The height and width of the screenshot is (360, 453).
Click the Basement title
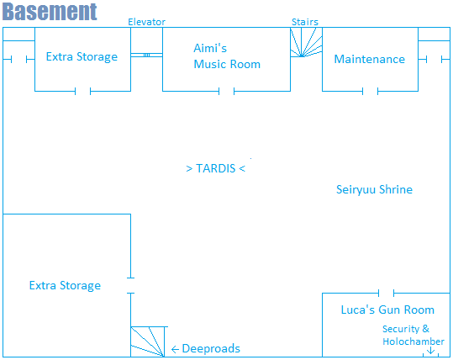click(x=50, y=12)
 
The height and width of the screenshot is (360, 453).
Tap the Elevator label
click(x=146, y=22)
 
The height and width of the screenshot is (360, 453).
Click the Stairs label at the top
click(x=305, y=22)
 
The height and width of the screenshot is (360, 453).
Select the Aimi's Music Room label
click(x=227, y=56)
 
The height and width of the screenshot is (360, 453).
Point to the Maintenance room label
click(x=370, y=59)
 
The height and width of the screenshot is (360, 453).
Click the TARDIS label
click(x=216, y=168)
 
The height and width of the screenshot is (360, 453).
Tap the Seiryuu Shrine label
click(x=374, y=190)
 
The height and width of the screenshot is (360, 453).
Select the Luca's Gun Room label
click(x=387, y=310)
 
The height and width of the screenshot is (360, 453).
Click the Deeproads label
click(x=211, y=349)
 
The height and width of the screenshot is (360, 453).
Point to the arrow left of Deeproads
click(x=175, y=350)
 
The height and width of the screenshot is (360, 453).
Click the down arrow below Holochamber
click(x=431, y=351)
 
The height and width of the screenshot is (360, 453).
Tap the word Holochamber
click(x=413, y=341)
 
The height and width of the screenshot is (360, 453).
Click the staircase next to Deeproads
click(x=149, y=341)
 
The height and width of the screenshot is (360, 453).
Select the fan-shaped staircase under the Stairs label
click(x=306, y=42)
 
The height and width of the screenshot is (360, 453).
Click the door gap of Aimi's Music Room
click(x=227, y=92)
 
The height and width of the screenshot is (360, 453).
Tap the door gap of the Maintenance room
click(x=370, y=92)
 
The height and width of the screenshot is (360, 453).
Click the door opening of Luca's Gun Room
click(x=387, y=293)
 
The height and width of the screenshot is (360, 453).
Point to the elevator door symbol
click(x=146, y=55)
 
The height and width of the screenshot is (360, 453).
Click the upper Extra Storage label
click(x=82, y=57)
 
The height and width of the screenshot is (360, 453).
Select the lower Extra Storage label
click(x=65, y=286)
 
